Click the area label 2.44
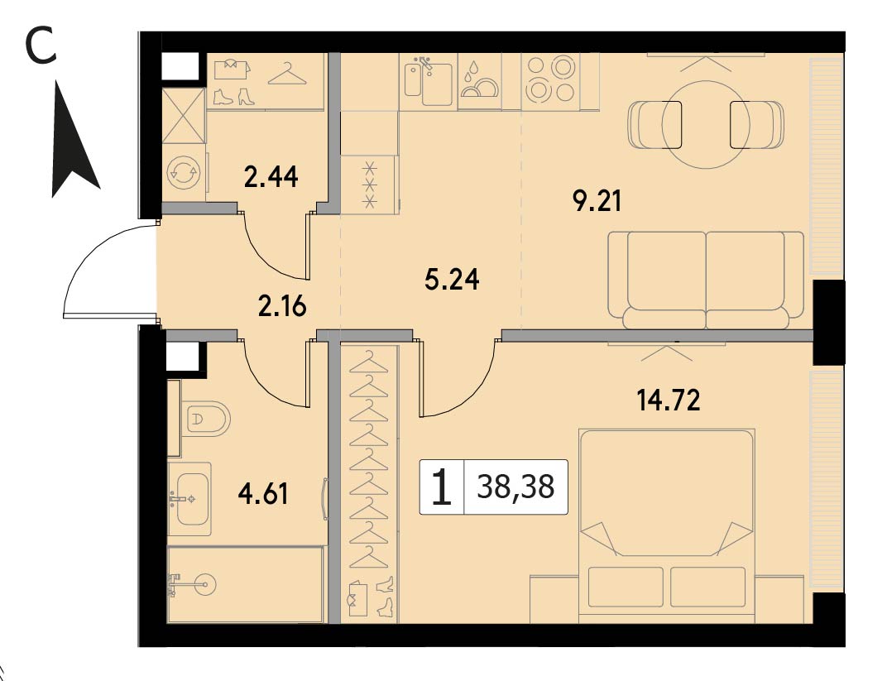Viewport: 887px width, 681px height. [x=271, y=178]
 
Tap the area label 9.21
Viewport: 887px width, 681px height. [x=597, y=201]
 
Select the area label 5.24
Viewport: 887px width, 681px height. [x=452, y=279]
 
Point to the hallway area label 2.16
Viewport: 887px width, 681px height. [x=281, y=307]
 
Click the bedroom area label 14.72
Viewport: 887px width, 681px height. [x=669, y=400]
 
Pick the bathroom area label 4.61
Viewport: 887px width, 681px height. [x=264, y=494]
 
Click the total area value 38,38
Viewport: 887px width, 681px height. [x=515, y=487]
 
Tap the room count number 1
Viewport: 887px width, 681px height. [x=442, y=487]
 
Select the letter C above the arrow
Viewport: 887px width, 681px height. [x=42, y=46]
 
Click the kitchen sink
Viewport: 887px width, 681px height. [x=429, y=84]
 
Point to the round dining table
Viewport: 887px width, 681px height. [x=706, y=124]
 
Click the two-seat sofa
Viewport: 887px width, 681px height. [x=706, y=280]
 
